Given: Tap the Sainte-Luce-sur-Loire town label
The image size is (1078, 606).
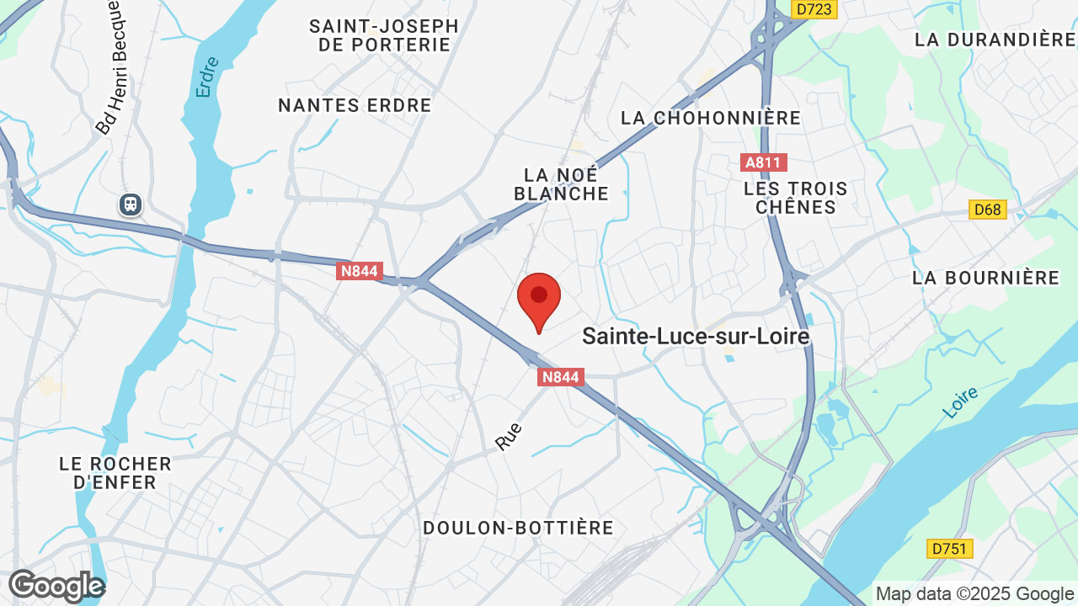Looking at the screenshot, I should [x=696, y=337].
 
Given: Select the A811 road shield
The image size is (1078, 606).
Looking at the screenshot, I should [x=765, y=162].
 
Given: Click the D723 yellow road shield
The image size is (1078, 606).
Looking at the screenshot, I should [x=814, y=8].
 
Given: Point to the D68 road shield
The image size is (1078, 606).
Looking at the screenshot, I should [x=988, y=209].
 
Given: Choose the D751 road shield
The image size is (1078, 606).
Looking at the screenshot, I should [x=951, y=549].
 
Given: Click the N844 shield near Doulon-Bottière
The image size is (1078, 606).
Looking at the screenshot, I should [x=560, y=377].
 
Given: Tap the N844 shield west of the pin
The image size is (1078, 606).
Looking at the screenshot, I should [x=360, y=271].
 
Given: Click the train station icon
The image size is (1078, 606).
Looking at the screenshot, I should [x=131, y=204].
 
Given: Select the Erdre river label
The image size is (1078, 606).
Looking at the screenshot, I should [x=206, y=77].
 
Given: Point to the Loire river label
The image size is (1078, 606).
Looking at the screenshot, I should [x=960, y=402].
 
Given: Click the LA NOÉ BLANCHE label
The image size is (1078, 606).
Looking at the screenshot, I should [x=561, y=184].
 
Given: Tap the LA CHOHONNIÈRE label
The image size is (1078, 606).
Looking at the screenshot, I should [x=711, y=118].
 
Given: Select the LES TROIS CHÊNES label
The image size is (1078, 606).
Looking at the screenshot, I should [x=795, y=198].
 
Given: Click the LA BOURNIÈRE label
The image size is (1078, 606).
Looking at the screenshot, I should [x=985, y=278].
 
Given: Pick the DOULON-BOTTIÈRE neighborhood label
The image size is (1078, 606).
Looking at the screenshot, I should [x=518, y=528].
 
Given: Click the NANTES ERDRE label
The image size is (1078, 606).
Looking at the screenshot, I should [x=355, y=105].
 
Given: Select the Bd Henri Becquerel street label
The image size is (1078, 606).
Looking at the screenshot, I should [x=112, y=67].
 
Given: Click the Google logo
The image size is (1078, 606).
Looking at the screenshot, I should [x=56, y=586].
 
